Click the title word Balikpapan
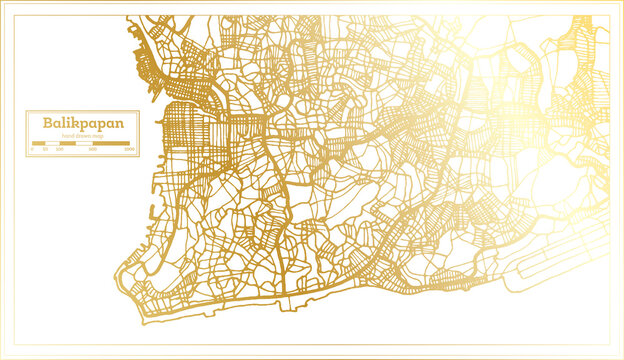point(76,122)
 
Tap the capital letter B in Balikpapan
point(46,122)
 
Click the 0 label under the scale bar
point(33,148)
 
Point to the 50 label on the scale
point(45,148)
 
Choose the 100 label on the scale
point(58,148)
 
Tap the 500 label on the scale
point(93,148)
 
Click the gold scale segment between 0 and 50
point(39,143)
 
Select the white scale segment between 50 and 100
point(52,143)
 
